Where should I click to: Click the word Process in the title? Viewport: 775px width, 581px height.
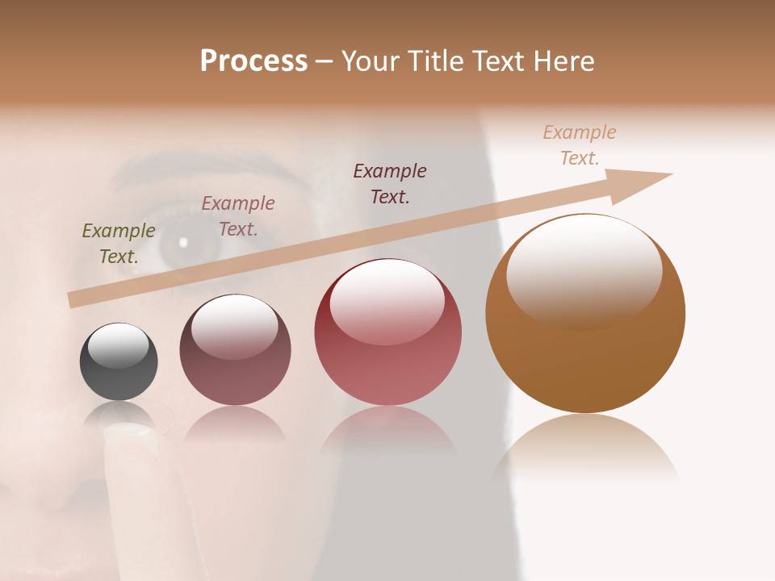click(x=253, y=61)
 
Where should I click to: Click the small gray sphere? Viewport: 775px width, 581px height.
click(x=119, y=362)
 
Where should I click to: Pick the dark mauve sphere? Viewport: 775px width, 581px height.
click(x=235, y=350)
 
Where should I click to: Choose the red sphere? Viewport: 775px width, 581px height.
click(x=387, y=332)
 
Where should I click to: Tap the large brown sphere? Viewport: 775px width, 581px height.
click(x=585, y=314)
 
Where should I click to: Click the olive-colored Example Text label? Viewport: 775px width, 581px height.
click(x=119, y=244)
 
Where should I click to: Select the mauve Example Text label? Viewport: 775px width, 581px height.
click(x=238, y=216)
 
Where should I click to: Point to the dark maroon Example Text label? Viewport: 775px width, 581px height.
click(x=390, y=183)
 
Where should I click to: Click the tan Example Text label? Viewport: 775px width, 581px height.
click(x=580, y=145)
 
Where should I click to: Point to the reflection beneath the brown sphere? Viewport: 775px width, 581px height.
click(x=585, y=448)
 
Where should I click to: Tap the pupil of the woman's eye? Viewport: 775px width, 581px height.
click(x=182, y=242)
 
